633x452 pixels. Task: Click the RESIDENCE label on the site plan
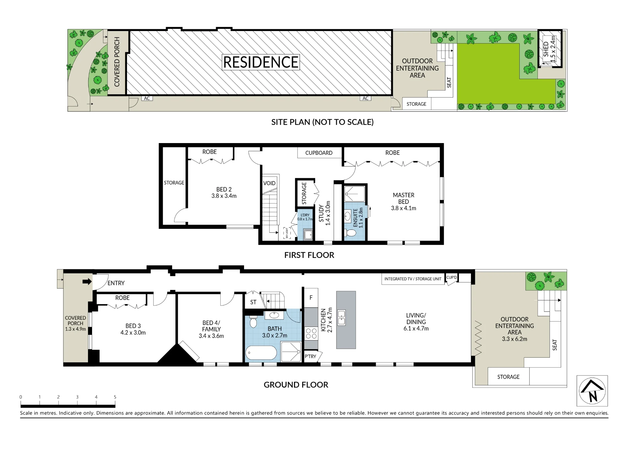pos(261,62)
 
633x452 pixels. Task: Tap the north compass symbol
pos(592,391)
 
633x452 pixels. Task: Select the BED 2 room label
pos(224,189)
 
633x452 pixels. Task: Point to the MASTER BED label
pos(404,198)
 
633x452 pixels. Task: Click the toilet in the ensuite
pos(350,233)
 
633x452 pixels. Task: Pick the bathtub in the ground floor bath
pos(261,353)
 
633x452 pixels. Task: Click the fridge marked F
pos(311,298)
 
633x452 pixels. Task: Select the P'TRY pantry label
pos(310,356)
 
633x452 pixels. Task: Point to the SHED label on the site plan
pos(546,49)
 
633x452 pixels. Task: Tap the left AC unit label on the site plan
pos(147,98)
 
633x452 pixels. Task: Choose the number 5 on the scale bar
pos(115,397)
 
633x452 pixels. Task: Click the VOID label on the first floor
pos(269,183)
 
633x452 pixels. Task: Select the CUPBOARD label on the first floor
pos(319,153)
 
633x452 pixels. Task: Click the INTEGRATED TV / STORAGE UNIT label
pos(413,279)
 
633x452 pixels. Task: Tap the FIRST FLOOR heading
pos(309,255)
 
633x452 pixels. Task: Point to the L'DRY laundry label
pos(305,215)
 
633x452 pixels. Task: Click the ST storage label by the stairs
pos(253,302)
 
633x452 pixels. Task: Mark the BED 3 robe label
pos(122,298)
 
